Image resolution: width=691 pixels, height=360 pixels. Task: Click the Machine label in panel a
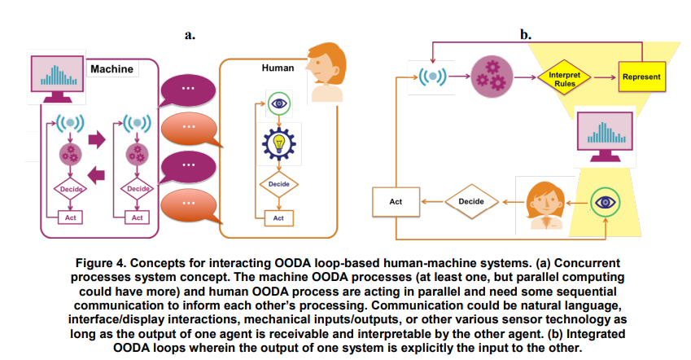point(112,68)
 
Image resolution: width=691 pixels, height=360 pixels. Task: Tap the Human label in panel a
point(278,68)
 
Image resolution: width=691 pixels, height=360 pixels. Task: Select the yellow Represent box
point(641,77)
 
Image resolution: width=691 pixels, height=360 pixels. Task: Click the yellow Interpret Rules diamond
point(565,78)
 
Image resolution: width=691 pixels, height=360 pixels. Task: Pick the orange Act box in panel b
point(396,202)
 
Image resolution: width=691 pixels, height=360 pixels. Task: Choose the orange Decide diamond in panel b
point(471,202)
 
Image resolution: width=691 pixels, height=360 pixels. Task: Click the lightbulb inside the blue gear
point(278,143)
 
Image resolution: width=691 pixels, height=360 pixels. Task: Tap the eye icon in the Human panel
point(279,103)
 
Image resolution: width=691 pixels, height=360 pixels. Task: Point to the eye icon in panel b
point(605,203)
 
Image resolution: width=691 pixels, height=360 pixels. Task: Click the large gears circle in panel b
point(492,77)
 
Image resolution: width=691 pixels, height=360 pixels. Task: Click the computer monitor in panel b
point(605,136)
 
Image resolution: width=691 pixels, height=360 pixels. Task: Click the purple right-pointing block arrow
point(97,139)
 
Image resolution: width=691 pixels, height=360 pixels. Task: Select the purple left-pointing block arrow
point(96,175)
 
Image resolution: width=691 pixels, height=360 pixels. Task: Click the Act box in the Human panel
point(278,218)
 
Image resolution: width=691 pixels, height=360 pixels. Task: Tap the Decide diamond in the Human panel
point(279,184)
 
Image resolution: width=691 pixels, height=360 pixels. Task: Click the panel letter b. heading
point(526,34)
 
